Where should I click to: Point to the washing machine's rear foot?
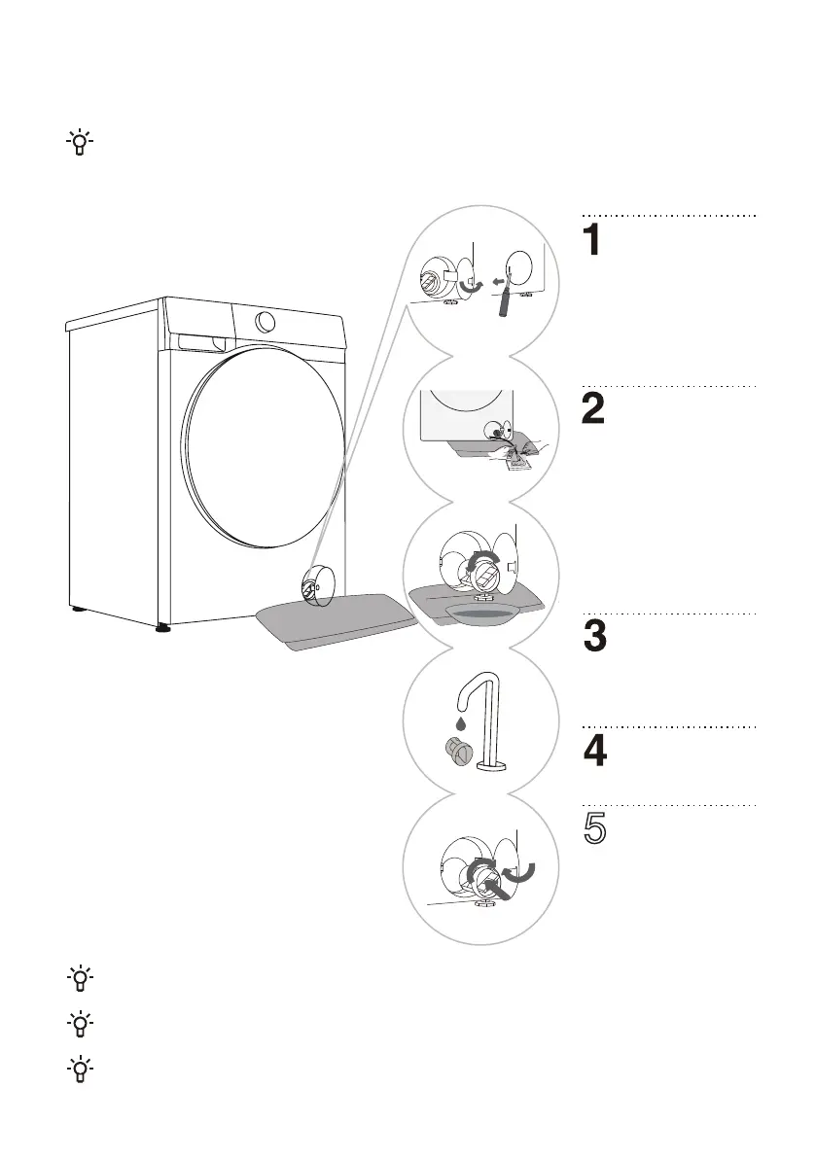pyautogui.click(x=76, y=613)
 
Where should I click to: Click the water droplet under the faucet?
pyautogui.click(x=456, y=721)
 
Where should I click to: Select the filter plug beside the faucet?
pyautogui.click(x=455, y=752)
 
